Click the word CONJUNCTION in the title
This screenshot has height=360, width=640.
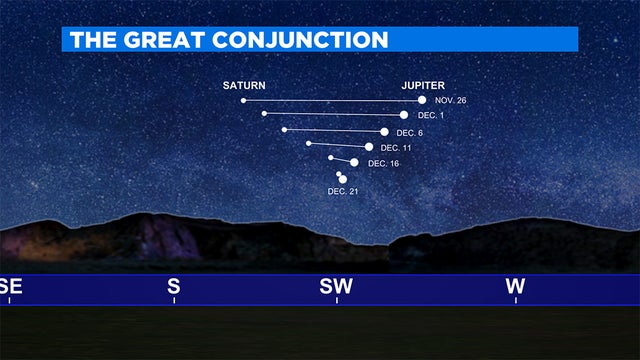(305, 40)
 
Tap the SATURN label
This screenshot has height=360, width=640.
(243, 85)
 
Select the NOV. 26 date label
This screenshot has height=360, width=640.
(451, 101)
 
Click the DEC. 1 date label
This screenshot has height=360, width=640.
(431, 116)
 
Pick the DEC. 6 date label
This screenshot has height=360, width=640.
(410, 133)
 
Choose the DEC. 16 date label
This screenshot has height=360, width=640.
(383, 163)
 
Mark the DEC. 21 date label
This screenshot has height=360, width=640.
(343, 190)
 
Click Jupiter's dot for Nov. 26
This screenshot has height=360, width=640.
(422, 100)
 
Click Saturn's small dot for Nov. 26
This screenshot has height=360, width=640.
(243, 100)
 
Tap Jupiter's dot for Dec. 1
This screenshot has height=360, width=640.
(404, 115)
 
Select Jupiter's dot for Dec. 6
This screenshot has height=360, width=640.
(385, 131)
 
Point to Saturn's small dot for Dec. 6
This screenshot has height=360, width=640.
(284, 129)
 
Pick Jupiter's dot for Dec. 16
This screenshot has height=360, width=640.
(354, 162)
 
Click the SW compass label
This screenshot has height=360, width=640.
(336, 287)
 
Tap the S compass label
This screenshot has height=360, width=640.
(174, 287)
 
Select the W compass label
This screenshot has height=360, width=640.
(515, 287)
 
